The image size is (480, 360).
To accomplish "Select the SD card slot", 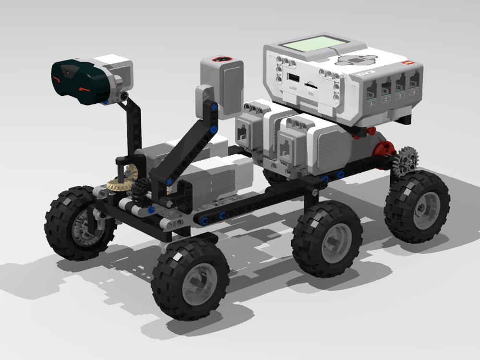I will pyautogui.click(x=311, y=84).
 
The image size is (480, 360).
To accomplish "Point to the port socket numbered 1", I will pyautogui.click(x=371, y=90).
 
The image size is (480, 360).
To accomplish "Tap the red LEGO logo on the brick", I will pyautogui.click(x=408, y=62).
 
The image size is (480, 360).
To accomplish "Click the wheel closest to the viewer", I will pyautogui.click(x=190, y=278).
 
